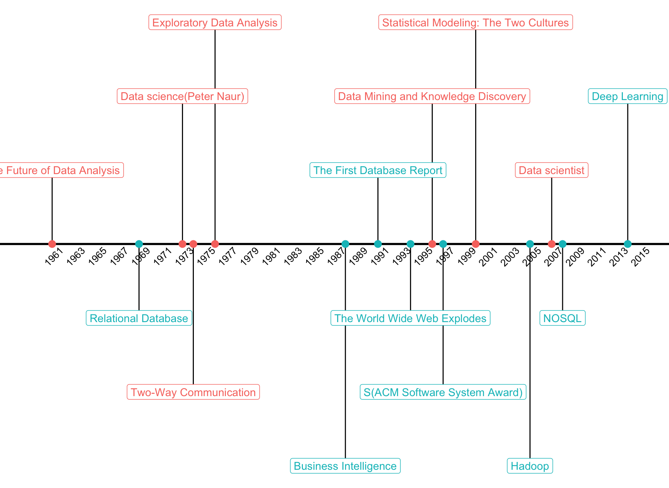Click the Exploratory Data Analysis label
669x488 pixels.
click(215, 23)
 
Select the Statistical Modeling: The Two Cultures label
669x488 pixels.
click(475, 23)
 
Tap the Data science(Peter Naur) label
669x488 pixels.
click(182, 97)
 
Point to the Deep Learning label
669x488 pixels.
click(627, 97)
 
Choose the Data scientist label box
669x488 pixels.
click(551, 170)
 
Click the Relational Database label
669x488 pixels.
click(139, 318)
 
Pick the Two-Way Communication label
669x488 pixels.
click(193, 392)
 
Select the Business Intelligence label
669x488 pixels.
click(345, 466)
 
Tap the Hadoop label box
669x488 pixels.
click(529, 466)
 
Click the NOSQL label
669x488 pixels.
click(562, 318)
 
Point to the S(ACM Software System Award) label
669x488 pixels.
click(443, 392)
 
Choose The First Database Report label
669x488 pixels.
click(378, 170)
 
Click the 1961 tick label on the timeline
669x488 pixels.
click(54, 257)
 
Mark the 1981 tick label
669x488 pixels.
click(271, 257)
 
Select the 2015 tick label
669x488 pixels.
click(641, 257)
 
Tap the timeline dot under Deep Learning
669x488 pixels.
click(628, 244)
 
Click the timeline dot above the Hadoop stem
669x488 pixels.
click(530, 244)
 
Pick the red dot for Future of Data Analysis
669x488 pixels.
click(52, 244)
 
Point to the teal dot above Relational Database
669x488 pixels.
click(139, 244)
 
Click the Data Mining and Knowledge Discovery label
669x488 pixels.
click(432, 97)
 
